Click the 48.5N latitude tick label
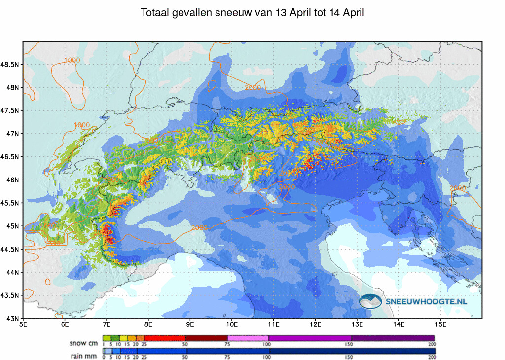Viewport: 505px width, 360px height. tap(10, 65)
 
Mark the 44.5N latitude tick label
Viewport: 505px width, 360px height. tap(10, 249)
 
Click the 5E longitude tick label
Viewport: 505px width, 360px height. tap(23, 324)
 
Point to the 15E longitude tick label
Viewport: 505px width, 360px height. tap(441, 324)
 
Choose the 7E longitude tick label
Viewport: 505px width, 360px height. tap(107, 324)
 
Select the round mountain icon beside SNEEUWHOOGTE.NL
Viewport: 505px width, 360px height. tap(371, 301)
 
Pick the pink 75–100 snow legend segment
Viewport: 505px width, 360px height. tap(248, 338)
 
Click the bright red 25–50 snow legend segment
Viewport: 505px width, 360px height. tap(165, 338)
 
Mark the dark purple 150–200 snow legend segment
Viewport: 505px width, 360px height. tap(393, 338)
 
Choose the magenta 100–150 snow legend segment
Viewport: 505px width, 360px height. tap(310, 338)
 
